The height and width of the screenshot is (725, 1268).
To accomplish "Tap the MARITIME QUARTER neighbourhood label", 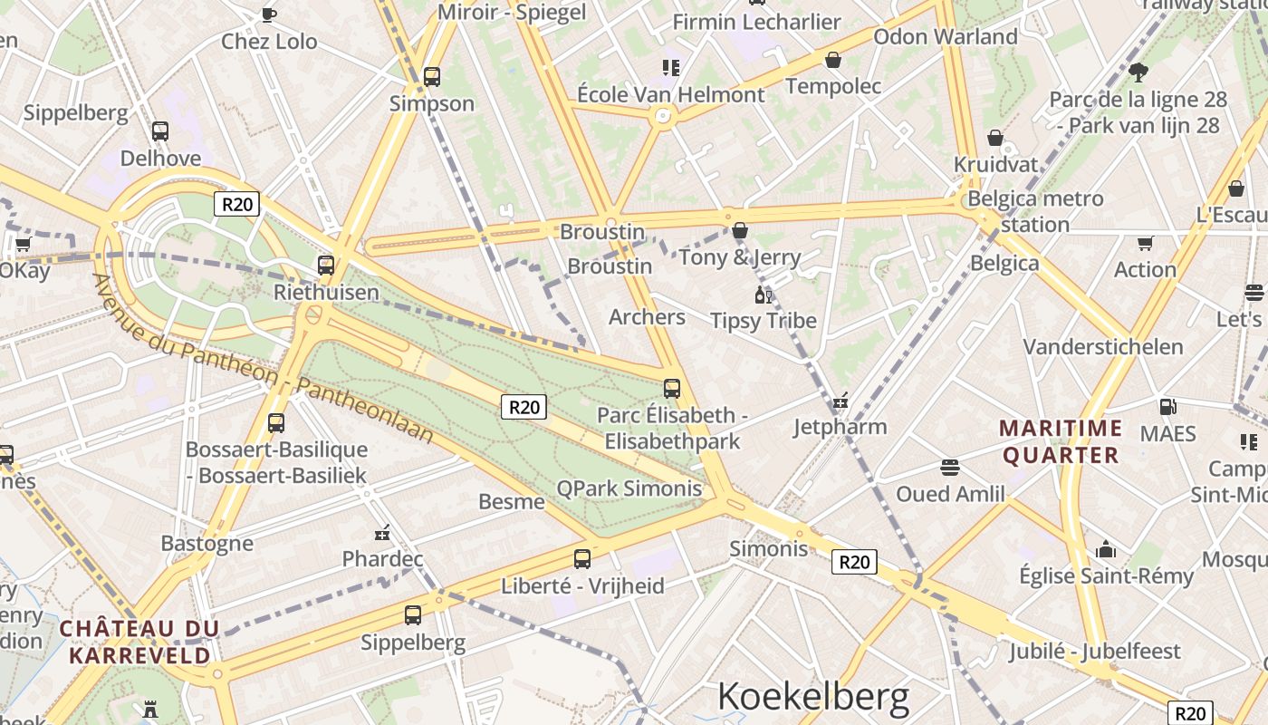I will click(1061, 440).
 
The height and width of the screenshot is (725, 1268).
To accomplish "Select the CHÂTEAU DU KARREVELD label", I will click(139, 641).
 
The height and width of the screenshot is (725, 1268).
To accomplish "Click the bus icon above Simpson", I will click(432, 77).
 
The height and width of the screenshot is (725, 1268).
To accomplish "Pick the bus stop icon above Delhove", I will click(160, 131).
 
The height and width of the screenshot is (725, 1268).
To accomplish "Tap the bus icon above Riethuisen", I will click(326, 266).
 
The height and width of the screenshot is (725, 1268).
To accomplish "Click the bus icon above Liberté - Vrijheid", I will click(582, 559).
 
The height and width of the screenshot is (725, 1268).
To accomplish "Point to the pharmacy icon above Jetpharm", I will click(841, 400).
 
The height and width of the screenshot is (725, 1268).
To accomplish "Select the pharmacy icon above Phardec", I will click(382, 532).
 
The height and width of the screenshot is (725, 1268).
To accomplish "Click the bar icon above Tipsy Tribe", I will click(764, 295).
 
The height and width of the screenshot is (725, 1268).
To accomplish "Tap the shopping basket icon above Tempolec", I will click(833, 60).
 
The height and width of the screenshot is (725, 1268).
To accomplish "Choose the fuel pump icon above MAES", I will click(1167, 407).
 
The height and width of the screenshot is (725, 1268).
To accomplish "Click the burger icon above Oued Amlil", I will click(950, 468).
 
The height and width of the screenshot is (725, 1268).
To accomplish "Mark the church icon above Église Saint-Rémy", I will click(1106, 549).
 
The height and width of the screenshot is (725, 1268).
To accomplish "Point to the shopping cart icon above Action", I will click(1145, 243).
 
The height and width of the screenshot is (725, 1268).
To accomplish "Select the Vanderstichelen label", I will click(1102, 346).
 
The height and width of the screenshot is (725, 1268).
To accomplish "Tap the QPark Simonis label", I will click(629, 488).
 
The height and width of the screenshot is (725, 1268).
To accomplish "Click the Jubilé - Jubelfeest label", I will click(1095, 651).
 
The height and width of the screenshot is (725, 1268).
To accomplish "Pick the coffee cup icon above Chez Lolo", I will click(269, 14).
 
